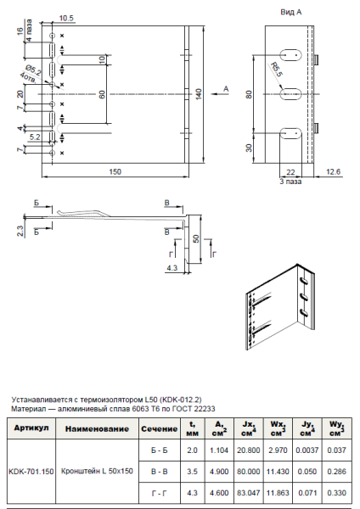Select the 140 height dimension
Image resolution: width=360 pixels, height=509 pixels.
click(x=198, y=93)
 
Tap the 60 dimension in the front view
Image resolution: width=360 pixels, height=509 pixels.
click(x=101, y=93)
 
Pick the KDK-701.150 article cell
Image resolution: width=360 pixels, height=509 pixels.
click(x=31, y=471)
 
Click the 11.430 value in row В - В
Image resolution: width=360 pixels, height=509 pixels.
click(x=279, y=471)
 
